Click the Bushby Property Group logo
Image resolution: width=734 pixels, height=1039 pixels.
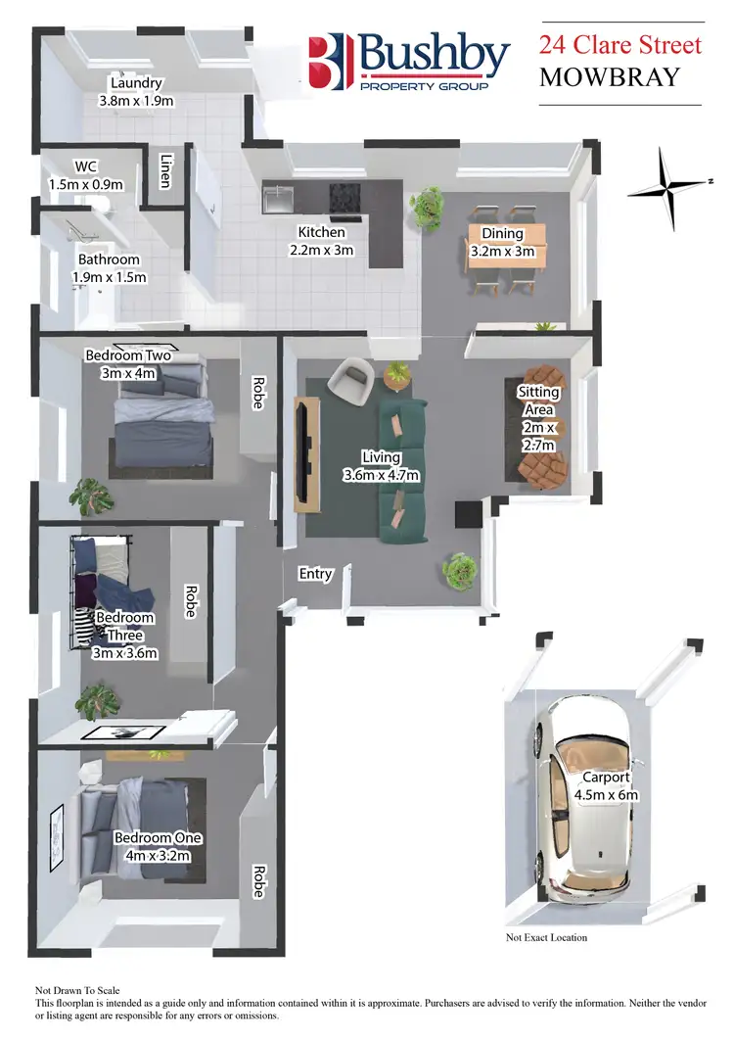point(408,62)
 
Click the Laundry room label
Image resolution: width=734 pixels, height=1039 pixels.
point(136,91)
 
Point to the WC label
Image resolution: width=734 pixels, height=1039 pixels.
point(86,175)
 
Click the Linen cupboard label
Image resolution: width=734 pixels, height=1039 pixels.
point(166,172)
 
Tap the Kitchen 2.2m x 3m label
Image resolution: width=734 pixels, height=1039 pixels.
point(322,241)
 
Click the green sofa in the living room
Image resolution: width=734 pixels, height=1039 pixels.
point(403,471)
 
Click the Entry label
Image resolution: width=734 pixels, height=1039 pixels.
point(315,574)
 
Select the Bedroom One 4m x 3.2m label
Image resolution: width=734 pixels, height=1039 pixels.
point(158,846)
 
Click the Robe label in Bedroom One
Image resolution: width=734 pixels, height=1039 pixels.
point(259,880)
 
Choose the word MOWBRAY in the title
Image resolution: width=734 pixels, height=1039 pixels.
point(608,77)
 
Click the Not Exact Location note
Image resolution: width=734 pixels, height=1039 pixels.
point(546,937)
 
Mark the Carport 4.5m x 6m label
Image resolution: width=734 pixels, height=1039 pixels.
point(606,786)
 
